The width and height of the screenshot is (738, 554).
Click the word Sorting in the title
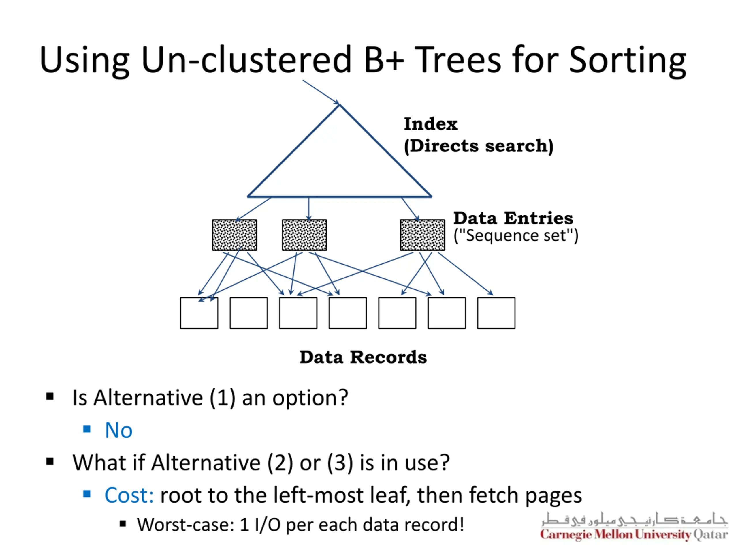[x=627, y=60]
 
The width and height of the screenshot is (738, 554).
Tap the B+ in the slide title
[x=384, y=60]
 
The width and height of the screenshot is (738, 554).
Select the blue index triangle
[x=339, y=160]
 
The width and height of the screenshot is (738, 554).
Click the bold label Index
[x=430, y=124]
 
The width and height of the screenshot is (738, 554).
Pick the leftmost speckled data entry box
[x=235, y=235]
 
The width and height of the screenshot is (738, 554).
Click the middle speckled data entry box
[x=304, y=235]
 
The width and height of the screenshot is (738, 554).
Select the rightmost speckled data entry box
[x=422, y=235]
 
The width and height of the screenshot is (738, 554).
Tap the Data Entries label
[x=513, y=218]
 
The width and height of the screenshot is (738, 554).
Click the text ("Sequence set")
[x=516, y=236]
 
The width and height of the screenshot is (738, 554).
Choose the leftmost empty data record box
[x=199, y=313]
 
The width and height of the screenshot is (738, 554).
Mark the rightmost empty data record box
[x=496, y=313]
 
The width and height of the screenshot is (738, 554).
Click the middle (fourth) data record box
[x=348, y=313]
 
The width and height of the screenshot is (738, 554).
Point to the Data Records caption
[x=363, y=357]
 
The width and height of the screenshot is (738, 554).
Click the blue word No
[x=118, y=430]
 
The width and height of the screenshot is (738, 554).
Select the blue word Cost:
[x=129, y=495]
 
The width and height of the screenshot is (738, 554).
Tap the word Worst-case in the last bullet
[x=185, y=525]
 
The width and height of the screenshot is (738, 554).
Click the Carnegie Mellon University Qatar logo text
[x=634, y=534]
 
